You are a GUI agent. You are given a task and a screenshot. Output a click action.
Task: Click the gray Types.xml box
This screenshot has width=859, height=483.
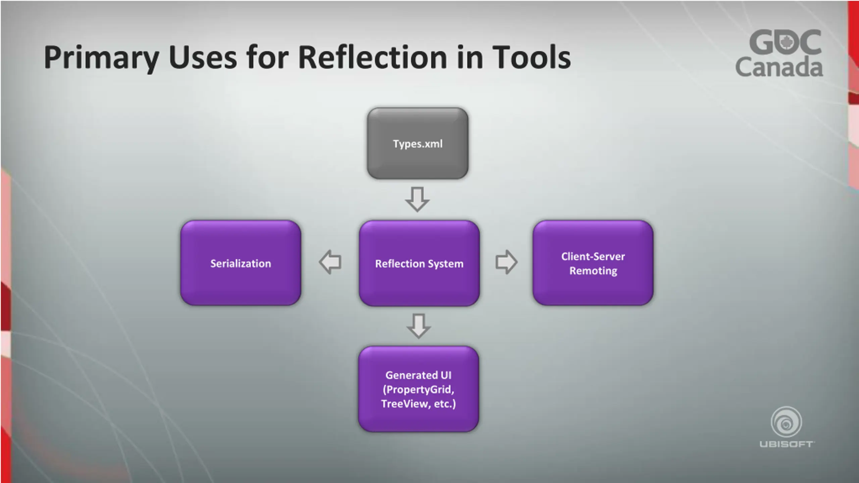(417, 143)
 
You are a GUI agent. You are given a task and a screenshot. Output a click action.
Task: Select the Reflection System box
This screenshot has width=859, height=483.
(419, 263)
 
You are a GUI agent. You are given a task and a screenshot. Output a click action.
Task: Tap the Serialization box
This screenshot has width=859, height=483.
(241, 263)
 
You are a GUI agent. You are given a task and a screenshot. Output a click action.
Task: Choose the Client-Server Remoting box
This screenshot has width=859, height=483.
(593, 263)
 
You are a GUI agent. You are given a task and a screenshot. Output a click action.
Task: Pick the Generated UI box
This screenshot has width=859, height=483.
(418, 389)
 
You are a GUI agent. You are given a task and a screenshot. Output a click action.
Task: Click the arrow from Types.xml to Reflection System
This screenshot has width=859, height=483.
(417, 199)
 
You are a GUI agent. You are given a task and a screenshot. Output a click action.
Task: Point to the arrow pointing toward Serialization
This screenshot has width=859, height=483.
(330, 262)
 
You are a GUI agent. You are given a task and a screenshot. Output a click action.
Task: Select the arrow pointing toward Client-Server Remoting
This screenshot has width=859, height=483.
(506, 262)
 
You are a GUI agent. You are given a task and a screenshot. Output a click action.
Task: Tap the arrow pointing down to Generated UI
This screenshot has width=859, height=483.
(418, 326)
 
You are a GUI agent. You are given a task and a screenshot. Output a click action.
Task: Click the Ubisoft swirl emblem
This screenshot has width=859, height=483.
(786, 422)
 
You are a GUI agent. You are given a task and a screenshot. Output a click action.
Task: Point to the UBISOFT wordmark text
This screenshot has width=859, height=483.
(786, 444)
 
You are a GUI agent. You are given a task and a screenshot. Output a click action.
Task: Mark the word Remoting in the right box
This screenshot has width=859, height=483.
(593, 271)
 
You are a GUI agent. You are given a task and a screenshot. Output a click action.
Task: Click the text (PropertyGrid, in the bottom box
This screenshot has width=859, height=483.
(418, 389)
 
